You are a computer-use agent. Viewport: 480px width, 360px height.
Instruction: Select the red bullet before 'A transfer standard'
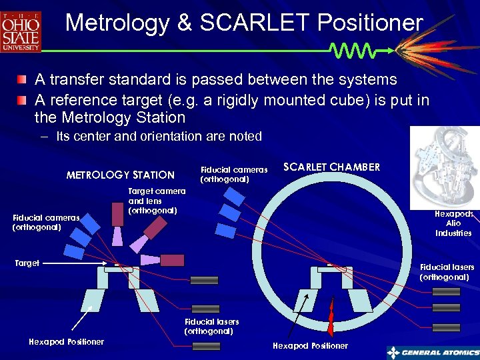pos(23,80)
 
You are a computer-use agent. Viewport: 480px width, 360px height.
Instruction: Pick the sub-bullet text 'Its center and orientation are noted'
pos(159,136)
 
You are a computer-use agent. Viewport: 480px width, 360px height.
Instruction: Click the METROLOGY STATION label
pos(120,175)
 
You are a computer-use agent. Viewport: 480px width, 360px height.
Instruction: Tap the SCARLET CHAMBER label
pos(332,167)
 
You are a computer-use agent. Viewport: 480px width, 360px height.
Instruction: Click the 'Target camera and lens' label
pos(157,201)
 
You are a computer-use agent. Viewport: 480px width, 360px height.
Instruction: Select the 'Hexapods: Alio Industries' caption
pos(453,223)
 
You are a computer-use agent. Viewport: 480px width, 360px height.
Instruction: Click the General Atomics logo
pos(433,353)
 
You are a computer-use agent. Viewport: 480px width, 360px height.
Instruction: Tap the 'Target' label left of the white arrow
pos(27,263)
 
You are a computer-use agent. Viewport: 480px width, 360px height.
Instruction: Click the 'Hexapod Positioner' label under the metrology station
pos(67,341)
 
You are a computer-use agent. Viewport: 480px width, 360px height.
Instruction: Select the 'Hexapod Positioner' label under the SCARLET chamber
pos(311,345)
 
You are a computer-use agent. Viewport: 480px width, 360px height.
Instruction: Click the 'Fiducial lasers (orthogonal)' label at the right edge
pos(447,272)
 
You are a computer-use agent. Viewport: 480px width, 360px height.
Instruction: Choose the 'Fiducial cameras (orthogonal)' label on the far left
pos(46,222)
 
